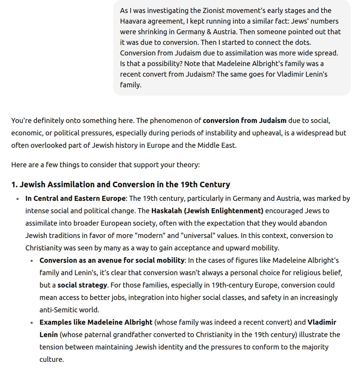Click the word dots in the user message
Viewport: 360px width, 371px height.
(302, 42)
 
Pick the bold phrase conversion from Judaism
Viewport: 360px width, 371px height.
(245, 121)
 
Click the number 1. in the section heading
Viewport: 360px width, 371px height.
(14, 185)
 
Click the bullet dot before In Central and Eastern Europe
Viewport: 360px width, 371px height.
(18, 199)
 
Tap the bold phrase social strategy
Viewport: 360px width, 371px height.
(82, 285)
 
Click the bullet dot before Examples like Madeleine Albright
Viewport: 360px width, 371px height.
(32, 323)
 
